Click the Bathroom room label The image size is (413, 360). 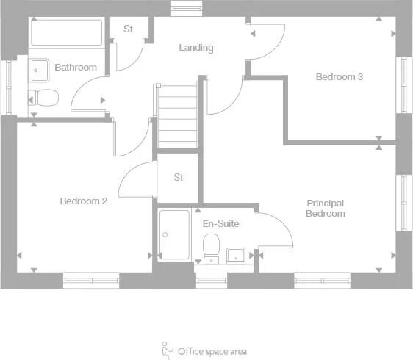[x=76, y=68]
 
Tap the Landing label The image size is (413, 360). [x=196, y=48]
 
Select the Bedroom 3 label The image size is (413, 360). [x=340, y=76]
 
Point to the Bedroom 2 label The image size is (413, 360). [x=84, y=201]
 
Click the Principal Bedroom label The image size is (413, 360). [x=326, y=208]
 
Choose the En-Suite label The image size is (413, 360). [x=220, y=223]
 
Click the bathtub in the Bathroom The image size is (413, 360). [x=67, y=32]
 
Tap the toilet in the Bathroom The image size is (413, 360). [x=45, y=96]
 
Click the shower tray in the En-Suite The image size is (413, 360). [x=174, y=234]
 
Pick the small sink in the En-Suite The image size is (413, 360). [x=237, y=254]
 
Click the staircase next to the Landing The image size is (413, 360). [x=178, y=116]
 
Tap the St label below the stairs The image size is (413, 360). [x=179, y=177]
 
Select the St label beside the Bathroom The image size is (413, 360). [x=129, y=29]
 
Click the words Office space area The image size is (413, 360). [x=212, y=351]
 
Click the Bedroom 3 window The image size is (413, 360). [x=403, y=84]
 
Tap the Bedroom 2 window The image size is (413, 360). [x=91, y=279]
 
